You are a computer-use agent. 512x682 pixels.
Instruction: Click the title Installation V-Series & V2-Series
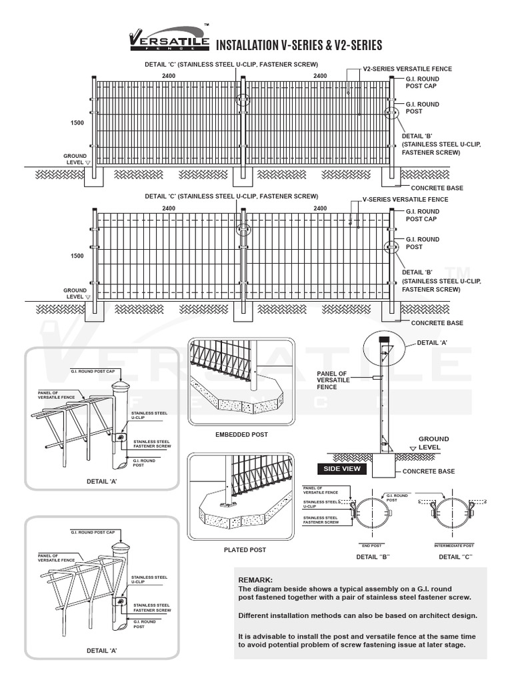(x=296, y=45)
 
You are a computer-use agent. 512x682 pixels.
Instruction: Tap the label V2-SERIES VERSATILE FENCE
(x=407, y=69)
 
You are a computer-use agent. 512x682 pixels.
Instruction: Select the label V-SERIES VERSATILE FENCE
(x=405, y=199)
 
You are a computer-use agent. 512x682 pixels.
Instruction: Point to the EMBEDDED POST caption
(x=241, y=434)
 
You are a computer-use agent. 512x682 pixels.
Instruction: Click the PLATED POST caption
(x=244, y=549)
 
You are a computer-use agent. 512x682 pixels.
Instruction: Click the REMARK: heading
(x=255, y=580)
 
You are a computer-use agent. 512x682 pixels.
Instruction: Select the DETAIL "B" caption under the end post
(x=373, y=556)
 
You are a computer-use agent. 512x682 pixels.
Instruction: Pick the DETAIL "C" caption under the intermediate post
(x=454, y=556)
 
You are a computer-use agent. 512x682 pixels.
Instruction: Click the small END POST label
(x=373, y=545)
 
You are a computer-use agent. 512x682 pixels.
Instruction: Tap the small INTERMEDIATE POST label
(x=454, y=545)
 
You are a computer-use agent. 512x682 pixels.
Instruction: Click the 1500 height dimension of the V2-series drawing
(x=77, y=123)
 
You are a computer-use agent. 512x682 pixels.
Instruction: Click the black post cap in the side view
(x=383, y=340)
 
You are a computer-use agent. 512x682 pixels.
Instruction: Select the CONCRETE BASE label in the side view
(x=429, y=471)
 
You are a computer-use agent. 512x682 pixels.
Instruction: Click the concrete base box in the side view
(x=383, y=465)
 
